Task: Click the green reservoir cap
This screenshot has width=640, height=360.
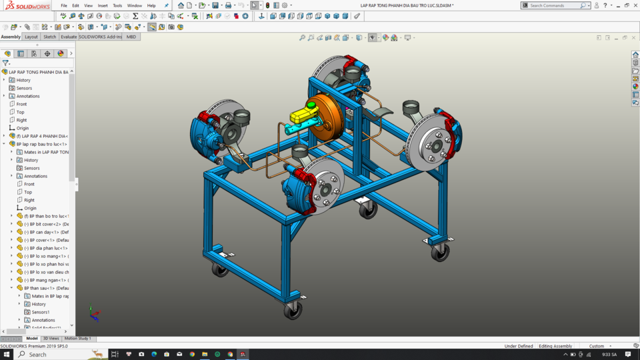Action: point(311,105)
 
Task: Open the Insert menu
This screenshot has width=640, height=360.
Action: point(103,5)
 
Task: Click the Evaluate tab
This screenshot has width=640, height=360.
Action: point(69,37)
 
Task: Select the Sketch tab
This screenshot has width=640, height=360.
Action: point(50,37)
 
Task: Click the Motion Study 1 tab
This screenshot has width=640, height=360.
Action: point(78,339)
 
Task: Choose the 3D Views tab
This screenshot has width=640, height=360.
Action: point(51,339)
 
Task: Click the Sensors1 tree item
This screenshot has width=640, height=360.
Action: point(41,312)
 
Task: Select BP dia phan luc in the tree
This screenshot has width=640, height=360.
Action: point(48,248)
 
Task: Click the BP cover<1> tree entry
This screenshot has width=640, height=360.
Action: point(48,240)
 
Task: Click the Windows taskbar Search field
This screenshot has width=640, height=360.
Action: point(57,354)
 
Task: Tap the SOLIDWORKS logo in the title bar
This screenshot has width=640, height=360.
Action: point(29,5)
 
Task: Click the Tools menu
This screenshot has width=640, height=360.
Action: point(117,5)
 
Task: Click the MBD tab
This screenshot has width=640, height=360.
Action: point(131,37)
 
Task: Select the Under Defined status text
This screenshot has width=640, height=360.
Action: point(518,346)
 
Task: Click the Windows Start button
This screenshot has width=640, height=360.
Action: point(7,354)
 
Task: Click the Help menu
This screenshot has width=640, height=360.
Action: point(151,5)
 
